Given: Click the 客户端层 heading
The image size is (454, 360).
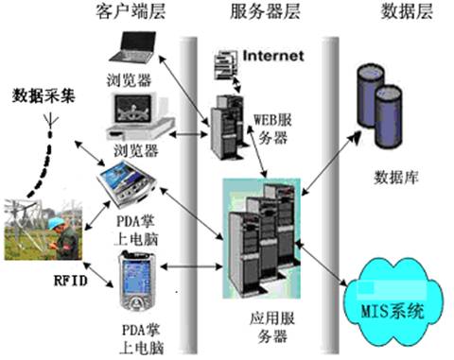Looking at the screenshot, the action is pos(131,12).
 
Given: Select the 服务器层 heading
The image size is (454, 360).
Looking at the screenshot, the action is pos(265,12).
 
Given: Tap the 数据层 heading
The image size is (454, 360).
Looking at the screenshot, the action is pos(407,11).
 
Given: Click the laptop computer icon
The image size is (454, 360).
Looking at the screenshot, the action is pos(133,46).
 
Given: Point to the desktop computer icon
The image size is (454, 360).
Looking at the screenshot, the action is pos(139,116).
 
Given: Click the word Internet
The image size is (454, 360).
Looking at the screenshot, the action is pos(273,56).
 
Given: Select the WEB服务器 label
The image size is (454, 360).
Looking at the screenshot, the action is pos(272,129).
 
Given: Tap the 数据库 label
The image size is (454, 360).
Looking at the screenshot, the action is pos(396,178).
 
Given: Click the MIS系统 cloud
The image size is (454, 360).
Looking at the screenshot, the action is pos(393,302).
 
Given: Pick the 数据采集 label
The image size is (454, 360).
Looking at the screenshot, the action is pos(44,95).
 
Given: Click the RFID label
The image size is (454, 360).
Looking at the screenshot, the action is pos(71,281).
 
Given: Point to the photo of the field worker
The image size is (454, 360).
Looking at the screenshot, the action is pos(44,230).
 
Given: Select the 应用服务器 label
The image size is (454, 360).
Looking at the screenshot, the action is pos(272,327).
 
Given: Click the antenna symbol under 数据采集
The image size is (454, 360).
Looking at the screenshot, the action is pos(50,121).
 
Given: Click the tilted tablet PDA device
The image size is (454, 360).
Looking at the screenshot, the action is pos(126,184).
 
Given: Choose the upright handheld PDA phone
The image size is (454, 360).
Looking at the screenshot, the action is pos(137,281).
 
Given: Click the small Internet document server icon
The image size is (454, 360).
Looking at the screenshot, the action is pos(226,65).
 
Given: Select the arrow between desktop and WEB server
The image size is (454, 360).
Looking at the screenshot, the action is pos(188,134).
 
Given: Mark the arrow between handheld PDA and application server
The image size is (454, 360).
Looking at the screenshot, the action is pos(192,267).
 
